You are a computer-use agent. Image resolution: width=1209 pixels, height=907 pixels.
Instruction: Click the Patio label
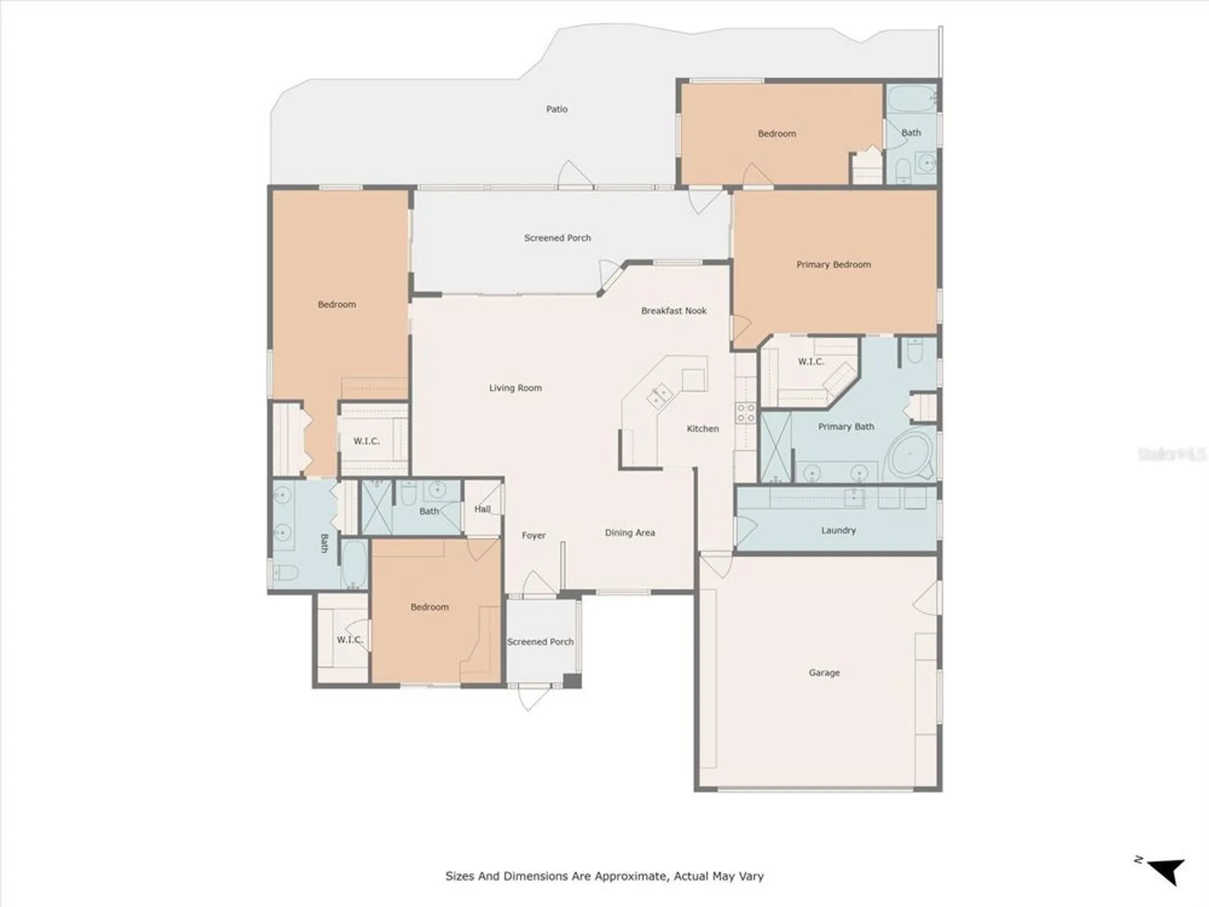click(x=557, y=109)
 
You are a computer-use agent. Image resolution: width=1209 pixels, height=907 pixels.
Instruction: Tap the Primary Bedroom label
click(x=833, y=265)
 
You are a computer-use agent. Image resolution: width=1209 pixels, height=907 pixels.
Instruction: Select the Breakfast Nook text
click(x=673, y=311)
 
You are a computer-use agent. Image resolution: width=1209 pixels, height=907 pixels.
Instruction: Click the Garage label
click(x=824, y=673)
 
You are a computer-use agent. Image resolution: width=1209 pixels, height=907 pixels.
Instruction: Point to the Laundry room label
click(x=838, y=530)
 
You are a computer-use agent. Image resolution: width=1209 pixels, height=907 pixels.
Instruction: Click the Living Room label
click(x=515, y=388)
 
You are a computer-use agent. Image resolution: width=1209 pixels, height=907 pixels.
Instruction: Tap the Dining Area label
click(x=629, y=533)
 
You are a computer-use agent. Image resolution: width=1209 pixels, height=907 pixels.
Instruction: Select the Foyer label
click(x=533, y=536)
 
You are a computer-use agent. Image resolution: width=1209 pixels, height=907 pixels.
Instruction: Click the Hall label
click(x=482, y=509)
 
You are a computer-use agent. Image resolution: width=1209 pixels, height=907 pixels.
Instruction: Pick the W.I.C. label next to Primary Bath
click(x=811, y=362)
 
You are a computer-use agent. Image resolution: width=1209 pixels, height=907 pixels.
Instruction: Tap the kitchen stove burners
click(x=745, y=414)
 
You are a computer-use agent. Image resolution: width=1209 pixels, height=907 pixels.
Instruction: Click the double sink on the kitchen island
click(x=659, y=396)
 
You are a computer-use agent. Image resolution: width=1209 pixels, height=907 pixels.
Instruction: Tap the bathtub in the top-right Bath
click(x=912, y=99)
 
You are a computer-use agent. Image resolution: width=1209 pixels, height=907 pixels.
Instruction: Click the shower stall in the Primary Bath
click(x=776, y=447)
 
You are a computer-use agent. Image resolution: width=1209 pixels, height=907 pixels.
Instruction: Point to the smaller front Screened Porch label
click(x=540, y=642)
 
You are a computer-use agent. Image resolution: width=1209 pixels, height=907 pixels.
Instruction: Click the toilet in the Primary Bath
click(x=915, y=350)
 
